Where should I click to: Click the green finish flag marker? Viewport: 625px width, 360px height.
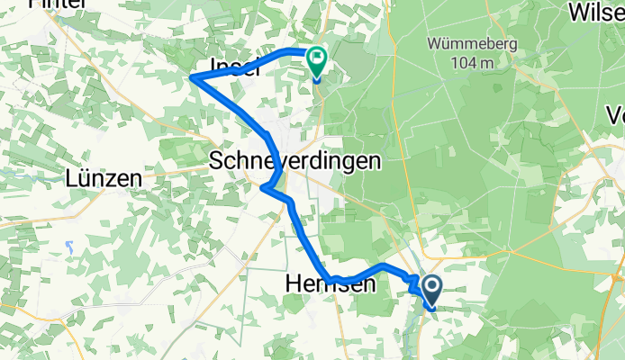pyautogui.click(x=317, y=62)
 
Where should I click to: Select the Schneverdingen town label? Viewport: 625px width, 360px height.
pyautogui.click(x=294, y=161)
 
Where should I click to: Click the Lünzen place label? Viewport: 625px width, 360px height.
pyautogui.click(x=104, y=179)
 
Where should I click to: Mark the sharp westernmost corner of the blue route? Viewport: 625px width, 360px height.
pyautogui.click(x=193, y=78)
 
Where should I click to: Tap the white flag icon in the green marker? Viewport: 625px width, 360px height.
pyautogui.click(x=318, y=59)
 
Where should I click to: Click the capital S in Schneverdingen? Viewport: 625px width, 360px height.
pyautogui.click(x=216, y=161)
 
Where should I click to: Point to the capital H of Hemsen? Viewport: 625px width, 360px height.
pyautogui.click(x=293, y=284)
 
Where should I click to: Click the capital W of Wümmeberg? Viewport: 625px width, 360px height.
pyautogui.click(x=434, y=43)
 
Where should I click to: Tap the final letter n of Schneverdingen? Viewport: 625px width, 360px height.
pyautogui.click(x=374, y=161)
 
